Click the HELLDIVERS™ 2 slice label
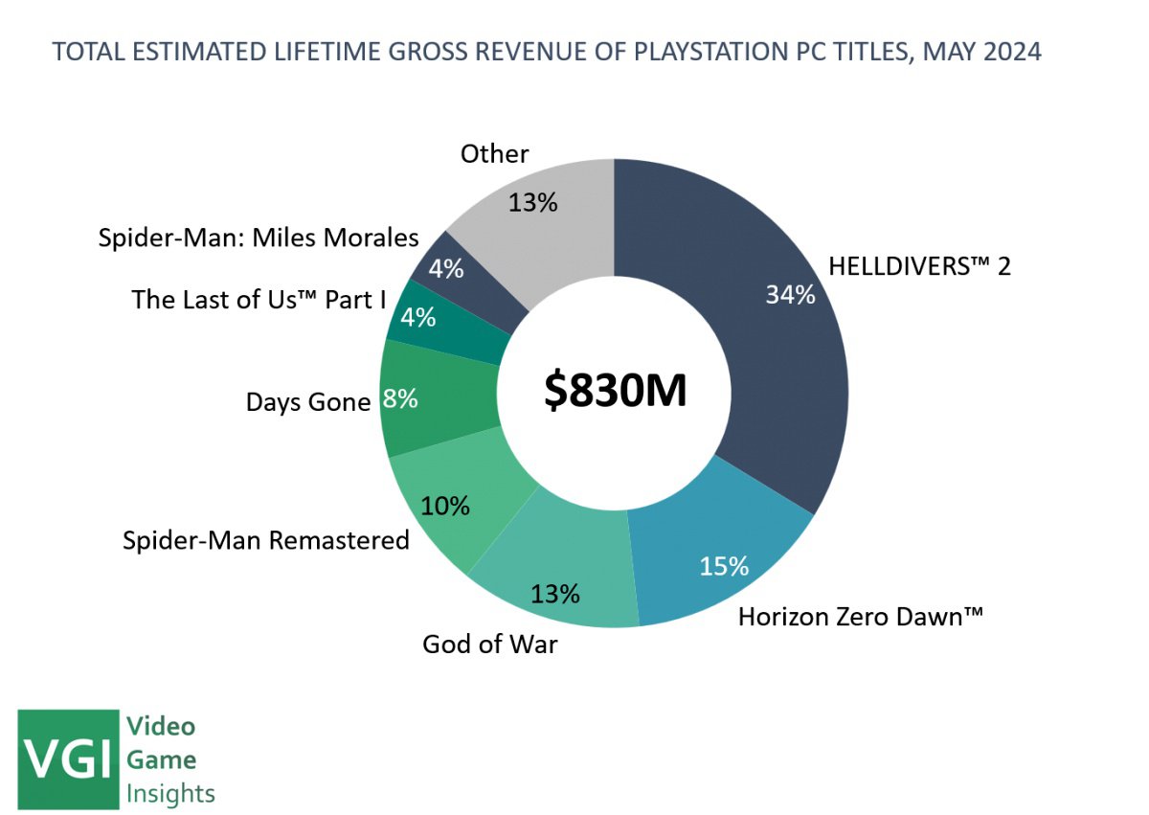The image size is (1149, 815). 919,266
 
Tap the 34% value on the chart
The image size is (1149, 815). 790,295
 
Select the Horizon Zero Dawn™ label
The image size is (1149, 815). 861,617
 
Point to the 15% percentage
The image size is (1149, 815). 723,566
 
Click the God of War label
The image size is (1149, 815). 489,644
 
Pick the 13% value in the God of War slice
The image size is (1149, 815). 555,594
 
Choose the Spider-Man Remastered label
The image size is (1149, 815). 266,540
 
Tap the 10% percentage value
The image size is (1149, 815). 445,505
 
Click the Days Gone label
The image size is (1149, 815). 307,402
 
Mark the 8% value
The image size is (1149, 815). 399,398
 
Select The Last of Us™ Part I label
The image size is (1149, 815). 259,300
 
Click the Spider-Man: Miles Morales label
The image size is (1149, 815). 259,238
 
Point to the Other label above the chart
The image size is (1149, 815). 494,153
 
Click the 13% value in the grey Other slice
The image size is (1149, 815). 533,202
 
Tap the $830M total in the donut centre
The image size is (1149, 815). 615,391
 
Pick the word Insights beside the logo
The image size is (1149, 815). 170,793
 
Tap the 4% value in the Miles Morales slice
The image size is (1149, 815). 445,269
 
